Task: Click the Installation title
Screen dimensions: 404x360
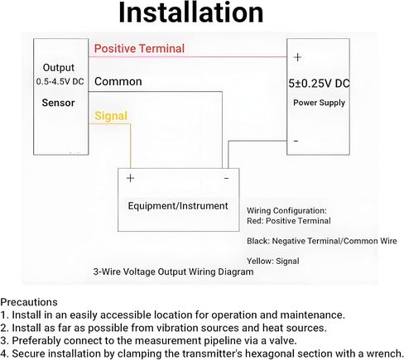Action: [x=190, y=12]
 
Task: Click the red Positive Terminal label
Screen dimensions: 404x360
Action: [x=139, y=49]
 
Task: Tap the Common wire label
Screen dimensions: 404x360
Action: [x=118, y=81]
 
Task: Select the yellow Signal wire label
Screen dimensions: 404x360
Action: [x=111, y=116]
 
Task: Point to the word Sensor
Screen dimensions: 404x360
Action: [x=58, y=103]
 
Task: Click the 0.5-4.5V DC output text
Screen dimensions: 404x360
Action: [x=60, y=82]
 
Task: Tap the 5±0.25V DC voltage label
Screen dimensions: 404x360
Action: [x=319, y=84]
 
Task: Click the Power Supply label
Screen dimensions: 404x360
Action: [x=319, y=103]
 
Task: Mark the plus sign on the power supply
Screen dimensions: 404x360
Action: [x=297, y=57]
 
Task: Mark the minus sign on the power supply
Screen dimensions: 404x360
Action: [x=296, y=141]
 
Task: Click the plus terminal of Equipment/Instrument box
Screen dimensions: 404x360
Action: [x=130, y=178]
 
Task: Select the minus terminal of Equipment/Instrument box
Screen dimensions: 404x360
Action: [x=226, y=179]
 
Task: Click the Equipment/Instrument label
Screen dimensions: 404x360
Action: [x=178, y=206]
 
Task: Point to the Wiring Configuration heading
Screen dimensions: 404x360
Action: [x=286, y=211]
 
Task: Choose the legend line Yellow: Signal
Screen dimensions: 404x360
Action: [x=273, y=261]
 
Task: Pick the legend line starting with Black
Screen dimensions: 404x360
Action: [x=322, y=241]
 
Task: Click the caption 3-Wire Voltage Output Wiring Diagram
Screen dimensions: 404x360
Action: [x=173, y=271]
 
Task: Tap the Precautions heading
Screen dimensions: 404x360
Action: [x=29, y=302]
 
